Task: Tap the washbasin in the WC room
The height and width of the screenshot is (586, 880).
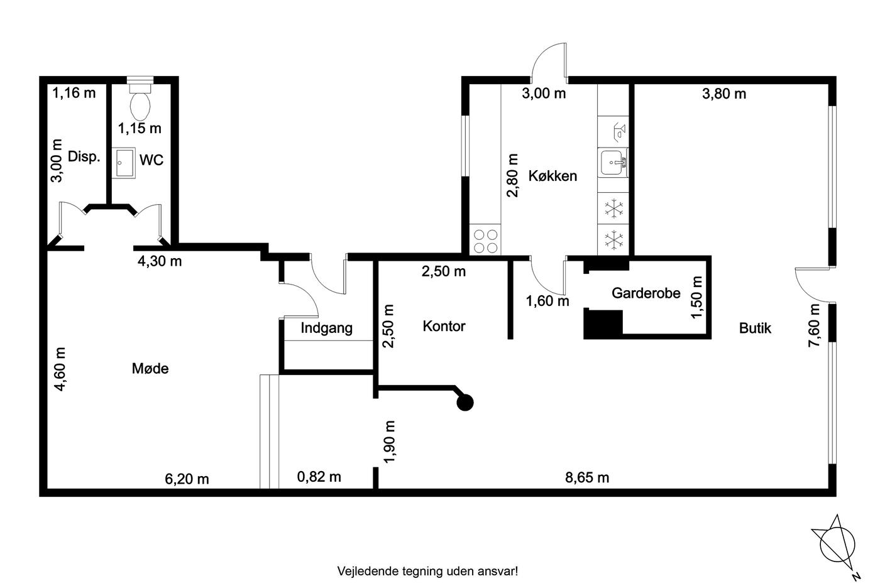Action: coord(123,163)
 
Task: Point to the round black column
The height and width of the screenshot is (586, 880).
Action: coord(465,403)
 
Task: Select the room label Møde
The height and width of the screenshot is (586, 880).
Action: coord(150,369)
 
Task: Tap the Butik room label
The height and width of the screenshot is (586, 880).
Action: coord(755,328)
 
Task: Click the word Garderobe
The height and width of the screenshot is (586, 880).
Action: coord(646,293)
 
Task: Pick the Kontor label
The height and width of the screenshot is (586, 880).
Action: coord(444,326)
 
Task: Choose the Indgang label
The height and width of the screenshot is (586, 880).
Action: coord(326,328)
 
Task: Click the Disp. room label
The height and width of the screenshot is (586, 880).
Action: coord(84,156)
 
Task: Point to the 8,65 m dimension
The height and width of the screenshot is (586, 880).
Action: coord(587,478)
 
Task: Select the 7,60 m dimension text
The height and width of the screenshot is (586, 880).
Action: coord(814,325)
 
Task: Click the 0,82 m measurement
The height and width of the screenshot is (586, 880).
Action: coord(319,477)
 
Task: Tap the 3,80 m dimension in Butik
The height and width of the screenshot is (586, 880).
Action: coord(724,94)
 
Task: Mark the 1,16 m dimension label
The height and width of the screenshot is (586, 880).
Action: coord(74,93)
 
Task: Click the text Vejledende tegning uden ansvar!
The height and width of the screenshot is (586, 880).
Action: coord(427,571)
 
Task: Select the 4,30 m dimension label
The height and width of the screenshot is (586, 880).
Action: coord(160,261)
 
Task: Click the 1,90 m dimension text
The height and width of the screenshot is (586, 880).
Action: coord(389,442)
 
